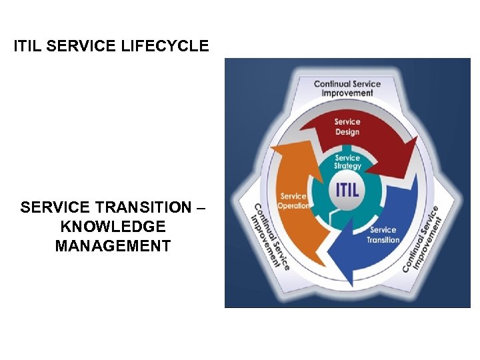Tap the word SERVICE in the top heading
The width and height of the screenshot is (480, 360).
pyautogui.click(x=83, y=47)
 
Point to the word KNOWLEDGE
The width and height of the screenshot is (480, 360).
pyautogui.click(x=113, y=227)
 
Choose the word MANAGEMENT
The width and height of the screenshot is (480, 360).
pyautogui.click(x=113, y=247)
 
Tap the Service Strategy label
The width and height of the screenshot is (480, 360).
pyautogui.click(x=347, y=162)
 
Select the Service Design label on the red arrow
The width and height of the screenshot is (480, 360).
pyautogui.click(x=347, y=127)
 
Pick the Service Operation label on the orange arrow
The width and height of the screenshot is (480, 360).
pyautogui.click(x=293, y=201)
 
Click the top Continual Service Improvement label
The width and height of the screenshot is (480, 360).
pyautogui.click(x=347, y=89)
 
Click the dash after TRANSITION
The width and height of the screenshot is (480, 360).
pyautogui.click(x=201, y=208)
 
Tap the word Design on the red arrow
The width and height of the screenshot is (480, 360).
pyautogui.click(x=347, y=132)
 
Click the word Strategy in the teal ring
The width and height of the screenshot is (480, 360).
pyautogui.click(x=347, y=166)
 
